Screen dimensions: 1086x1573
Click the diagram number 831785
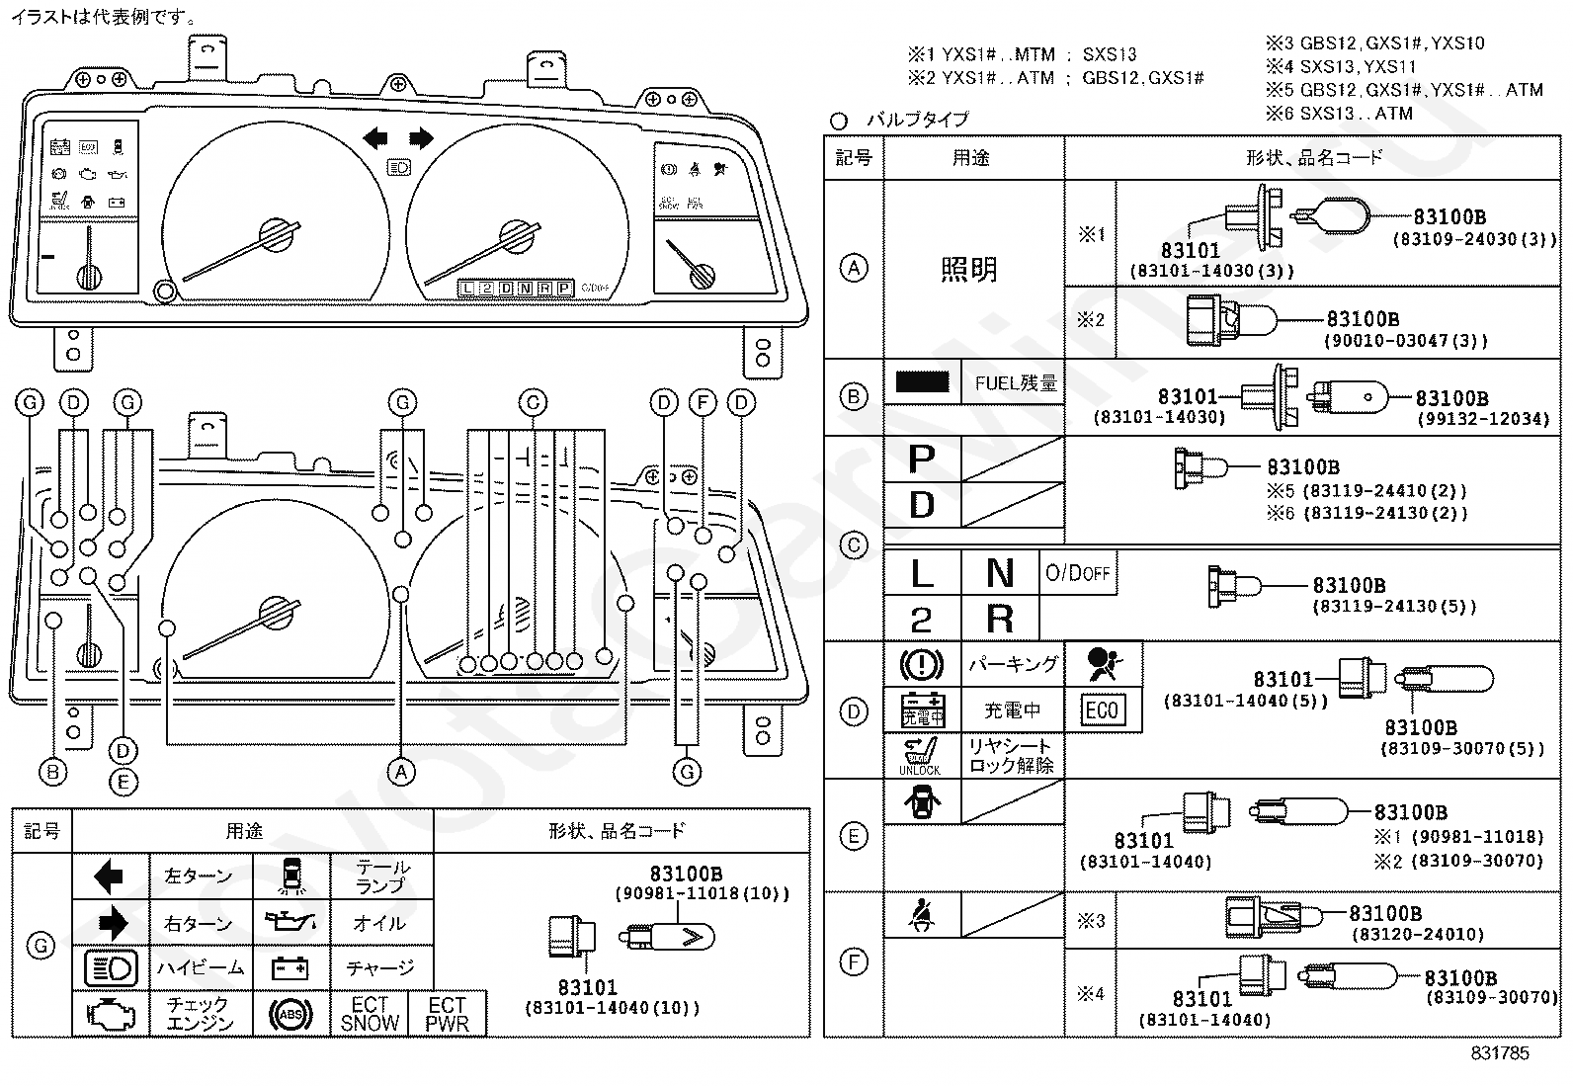[x=1498, y=1053]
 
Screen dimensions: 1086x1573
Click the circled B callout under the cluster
[x=54, y=772]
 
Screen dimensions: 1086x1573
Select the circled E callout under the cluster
[x=124, y=782]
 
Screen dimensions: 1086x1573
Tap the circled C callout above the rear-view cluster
[x=533, y=402]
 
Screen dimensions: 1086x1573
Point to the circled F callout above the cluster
[x=703, y=402]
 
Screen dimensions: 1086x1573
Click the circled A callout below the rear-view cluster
[x=401, y=772]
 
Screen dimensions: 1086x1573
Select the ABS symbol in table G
[x=291, y=1014]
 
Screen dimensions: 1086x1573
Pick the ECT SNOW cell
[x=370, y=1014]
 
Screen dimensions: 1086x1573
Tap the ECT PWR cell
[x=447, y=1014]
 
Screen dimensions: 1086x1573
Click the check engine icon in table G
[x=111, y=1014]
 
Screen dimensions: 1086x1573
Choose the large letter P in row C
[x=921, y=459]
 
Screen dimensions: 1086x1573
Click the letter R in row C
[x=1000, y=619]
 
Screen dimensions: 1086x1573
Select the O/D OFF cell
[x=1077, y=573]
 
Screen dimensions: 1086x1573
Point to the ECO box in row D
[x=1102, y=710]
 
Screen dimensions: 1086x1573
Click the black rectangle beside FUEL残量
[x=922, y=382]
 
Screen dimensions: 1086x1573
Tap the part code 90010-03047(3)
[x=1405, y=341]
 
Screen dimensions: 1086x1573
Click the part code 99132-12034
[x=1483, y=419]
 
